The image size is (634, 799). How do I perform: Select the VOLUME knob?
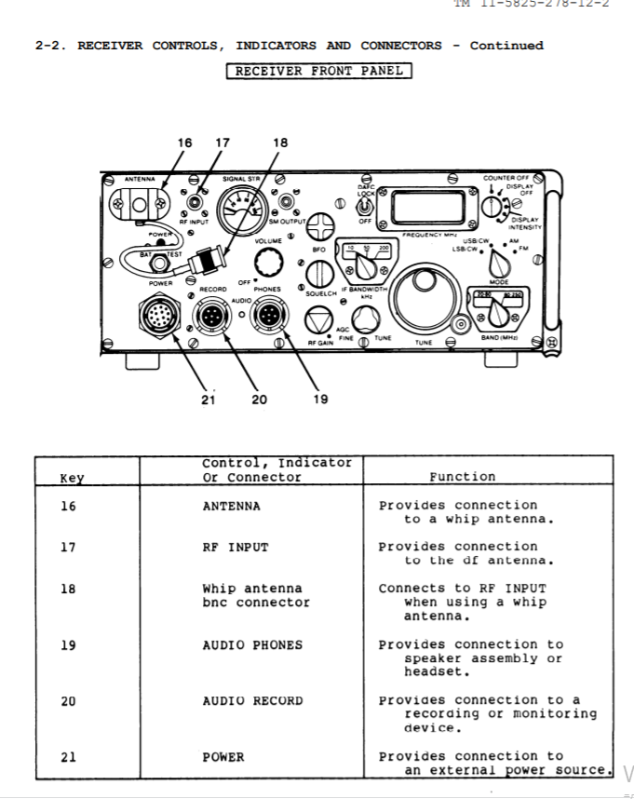[x=268, y=264]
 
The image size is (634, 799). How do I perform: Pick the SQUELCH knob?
[x=320, y=273]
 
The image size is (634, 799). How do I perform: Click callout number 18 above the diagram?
[x=280, y=142]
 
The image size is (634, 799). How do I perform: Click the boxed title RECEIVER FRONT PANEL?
[x=318, y=71]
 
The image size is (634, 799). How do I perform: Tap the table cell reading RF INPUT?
[x=235, y=547]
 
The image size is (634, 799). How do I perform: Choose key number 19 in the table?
[x=68, y=644]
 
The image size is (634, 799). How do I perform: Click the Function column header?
[x=462, y=476]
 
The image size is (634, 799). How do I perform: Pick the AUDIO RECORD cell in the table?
[x=252, y=700]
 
